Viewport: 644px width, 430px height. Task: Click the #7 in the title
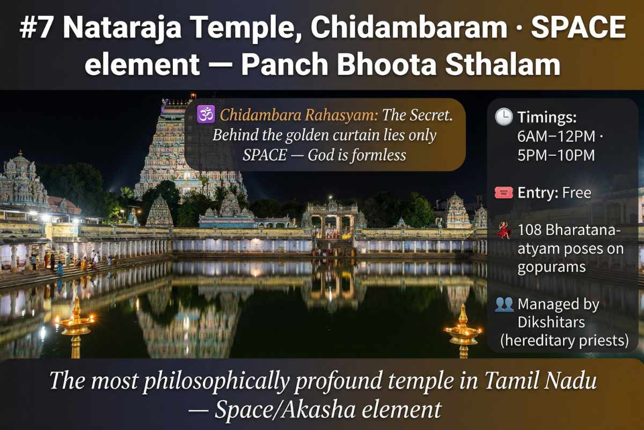tap(36, 28)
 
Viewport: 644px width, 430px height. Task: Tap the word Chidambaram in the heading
tap(408, 28)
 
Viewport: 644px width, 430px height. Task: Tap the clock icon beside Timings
tap(503, 117)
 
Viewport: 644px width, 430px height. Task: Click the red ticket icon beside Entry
tap(503, 192)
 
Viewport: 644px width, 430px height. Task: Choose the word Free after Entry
tap(577, 192)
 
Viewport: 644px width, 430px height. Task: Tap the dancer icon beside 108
tap(503, 231)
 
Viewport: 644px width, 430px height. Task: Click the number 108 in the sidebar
tap(530, 230)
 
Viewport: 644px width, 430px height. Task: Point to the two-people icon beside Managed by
tap(503, 305)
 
